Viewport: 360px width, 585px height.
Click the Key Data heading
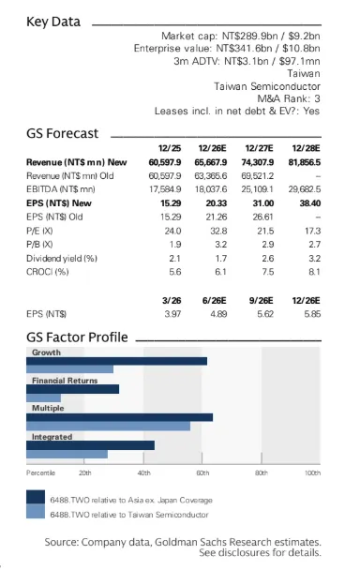tap(53, 22)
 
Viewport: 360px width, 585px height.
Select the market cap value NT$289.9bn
tap(250, 36)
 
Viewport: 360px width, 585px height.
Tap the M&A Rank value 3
tap(317, 98)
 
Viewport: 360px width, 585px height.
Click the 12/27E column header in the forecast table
tap(259, 148)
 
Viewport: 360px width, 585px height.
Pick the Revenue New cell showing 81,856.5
tap(305, 162)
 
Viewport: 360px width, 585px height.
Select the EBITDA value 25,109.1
tap(257, 189)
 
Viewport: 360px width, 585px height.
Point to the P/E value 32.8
tap(218, 231)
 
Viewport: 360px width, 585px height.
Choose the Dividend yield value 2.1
tap(174, 258)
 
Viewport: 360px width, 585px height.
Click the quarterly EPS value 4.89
tap(218, 314)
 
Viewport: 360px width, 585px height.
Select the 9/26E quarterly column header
tap(262, 300)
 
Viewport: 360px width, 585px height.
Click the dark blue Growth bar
tap(117, 361)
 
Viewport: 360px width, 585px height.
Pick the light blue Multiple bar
tap(108, 426)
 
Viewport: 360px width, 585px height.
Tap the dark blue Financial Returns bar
tap(73, 389)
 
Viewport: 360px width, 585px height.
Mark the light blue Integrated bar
tap(67, 454)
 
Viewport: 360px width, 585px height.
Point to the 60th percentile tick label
tap(202, 472)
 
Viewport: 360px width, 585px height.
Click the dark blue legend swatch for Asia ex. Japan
tap(36, 497)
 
